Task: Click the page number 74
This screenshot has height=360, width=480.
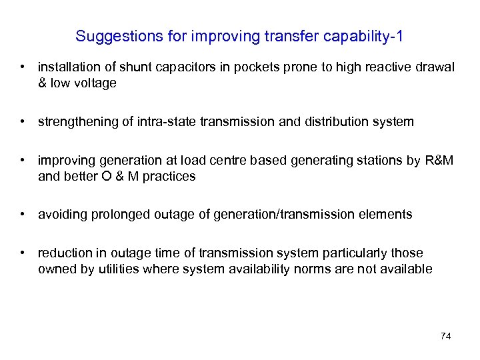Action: (x=446, y=336)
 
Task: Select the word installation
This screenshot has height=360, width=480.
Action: (x=68, y=67)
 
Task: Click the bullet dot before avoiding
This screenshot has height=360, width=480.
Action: (x=23, y=215)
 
